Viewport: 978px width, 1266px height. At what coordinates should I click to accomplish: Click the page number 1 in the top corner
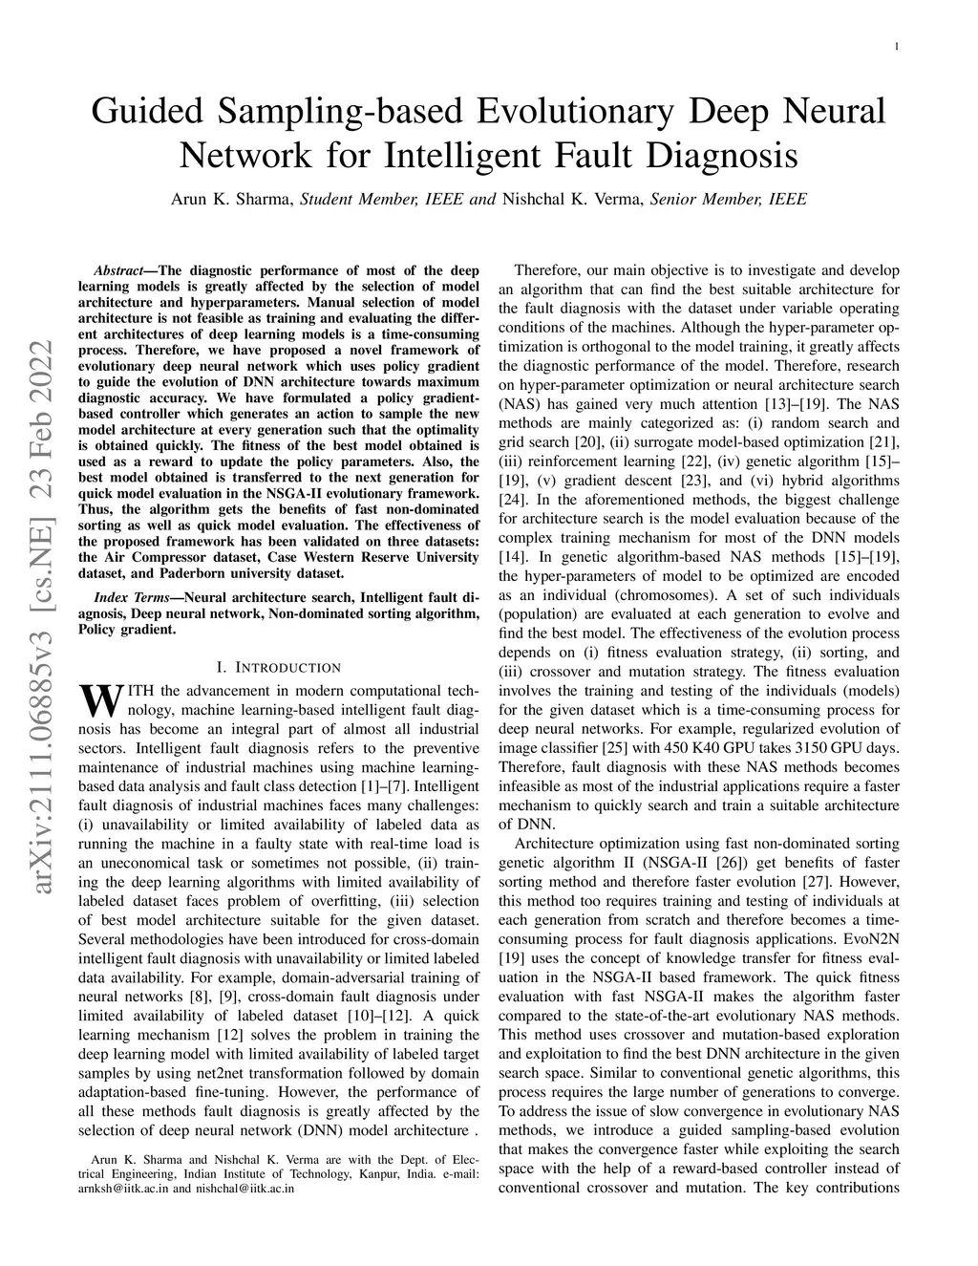(x=897, y=47)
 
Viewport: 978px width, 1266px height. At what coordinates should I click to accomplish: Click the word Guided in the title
(x=147, y=111)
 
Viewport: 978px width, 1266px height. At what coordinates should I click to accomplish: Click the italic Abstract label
(x=118, y=271)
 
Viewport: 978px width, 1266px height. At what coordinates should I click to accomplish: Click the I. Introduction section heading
(x=278, y=668)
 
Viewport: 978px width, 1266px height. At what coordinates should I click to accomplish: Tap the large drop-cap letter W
(x=100, y=701)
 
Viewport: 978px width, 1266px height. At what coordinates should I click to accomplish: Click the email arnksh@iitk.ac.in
(x=123, y=1190)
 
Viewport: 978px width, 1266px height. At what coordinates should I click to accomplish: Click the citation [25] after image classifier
(x=610, y=747)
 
